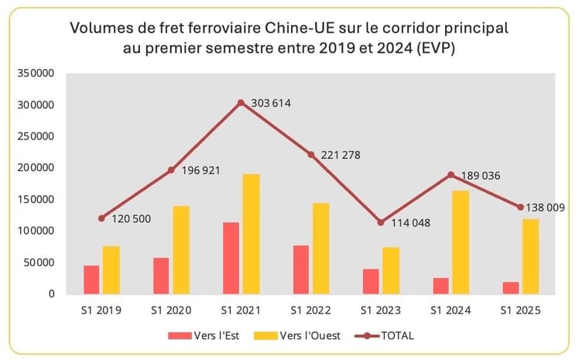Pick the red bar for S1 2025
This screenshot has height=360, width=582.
tap(511, 287)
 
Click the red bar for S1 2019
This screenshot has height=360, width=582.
tap(91, 279)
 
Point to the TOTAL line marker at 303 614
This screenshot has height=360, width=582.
tap(241, 103)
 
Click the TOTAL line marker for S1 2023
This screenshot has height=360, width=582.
tap(380, 222)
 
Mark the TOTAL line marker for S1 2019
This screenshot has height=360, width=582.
tap(101, 218)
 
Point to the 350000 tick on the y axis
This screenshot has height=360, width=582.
tap(38, 74)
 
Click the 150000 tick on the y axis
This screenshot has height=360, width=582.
tap(38, 200)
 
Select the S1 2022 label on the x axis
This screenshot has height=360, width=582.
tap(310, 311)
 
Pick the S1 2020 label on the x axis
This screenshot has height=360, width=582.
tap(171, 311)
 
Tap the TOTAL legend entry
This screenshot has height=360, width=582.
tap(383, 336)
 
